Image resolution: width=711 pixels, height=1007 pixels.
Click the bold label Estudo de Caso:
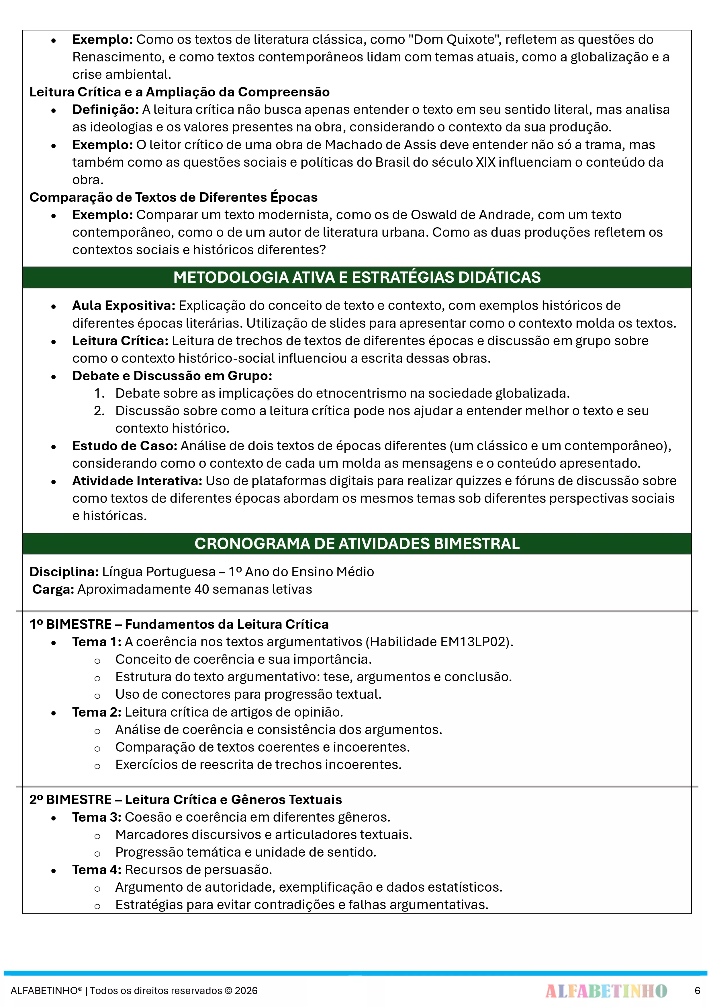click(x=124, y=446)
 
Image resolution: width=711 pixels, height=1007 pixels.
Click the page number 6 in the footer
click(x=697, y=990)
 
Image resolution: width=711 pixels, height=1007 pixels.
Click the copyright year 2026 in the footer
click(x=246, y=991)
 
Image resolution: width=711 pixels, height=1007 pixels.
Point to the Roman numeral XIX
click(x=485, y=162)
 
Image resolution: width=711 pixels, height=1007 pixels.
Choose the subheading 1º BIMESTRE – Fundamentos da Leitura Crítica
click(x=179, y=624)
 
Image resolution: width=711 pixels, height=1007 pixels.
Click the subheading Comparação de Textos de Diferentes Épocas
click(x=173, y=197)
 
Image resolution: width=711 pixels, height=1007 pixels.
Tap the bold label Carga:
click(x=53, y=589)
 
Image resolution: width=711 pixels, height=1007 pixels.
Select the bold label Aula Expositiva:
click(x=124, y=305)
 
